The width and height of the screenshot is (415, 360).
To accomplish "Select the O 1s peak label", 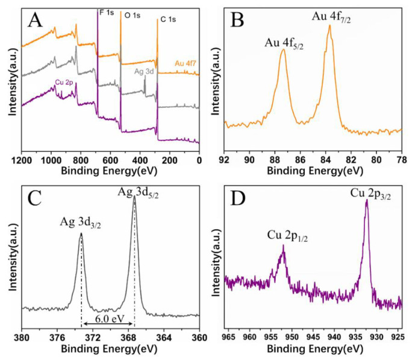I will [133, 13].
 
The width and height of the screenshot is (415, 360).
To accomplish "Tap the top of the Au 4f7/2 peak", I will [329, 25].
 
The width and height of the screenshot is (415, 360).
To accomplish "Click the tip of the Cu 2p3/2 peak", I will [366, 200].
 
